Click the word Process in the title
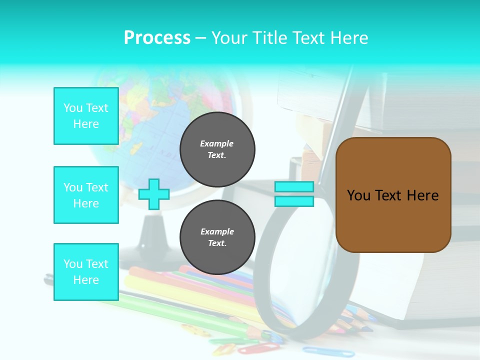(157, 38)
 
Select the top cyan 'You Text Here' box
(86, 116)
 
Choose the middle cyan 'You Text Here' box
(86, 195)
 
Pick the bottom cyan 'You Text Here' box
(86, 272)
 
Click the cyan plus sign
(154, 194)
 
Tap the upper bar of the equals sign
(294, 186)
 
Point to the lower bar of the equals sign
(294, 201)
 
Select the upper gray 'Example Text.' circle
(217, 149)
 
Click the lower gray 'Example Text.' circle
(217, 237)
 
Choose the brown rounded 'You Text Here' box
(393, 195)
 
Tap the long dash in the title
(201, 38)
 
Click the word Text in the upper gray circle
(217, 155)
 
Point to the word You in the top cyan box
(73, 108)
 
